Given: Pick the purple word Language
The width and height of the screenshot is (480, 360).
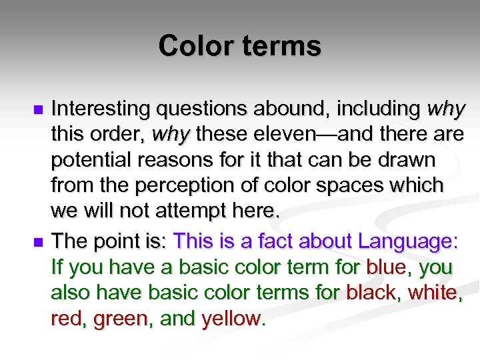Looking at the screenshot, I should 407,241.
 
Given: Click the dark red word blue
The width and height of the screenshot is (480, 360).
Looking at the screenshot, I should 386,267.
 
